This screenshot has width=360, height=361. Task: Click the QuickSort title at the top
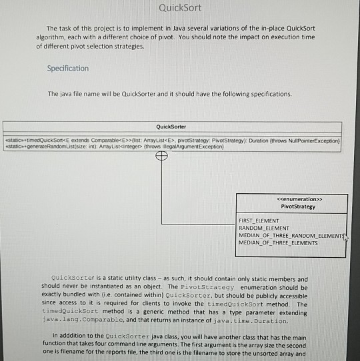pos(180,8)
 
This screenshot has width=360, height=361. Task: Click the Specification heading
pos(68,69)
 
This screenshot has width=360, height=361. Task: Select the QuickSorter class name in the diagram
pos(171,126)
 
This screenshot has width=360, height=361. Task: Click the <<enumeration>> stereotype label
pos(291,198)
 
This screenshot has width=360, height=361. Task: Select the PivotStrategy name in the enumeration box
pos(291,206)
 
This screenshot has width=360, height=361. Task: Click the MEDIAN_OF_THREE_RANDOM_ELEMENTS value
pos(291,235)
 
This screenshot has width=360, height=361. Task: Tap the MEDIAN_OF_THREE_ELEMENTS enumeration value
pos(278,242)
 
